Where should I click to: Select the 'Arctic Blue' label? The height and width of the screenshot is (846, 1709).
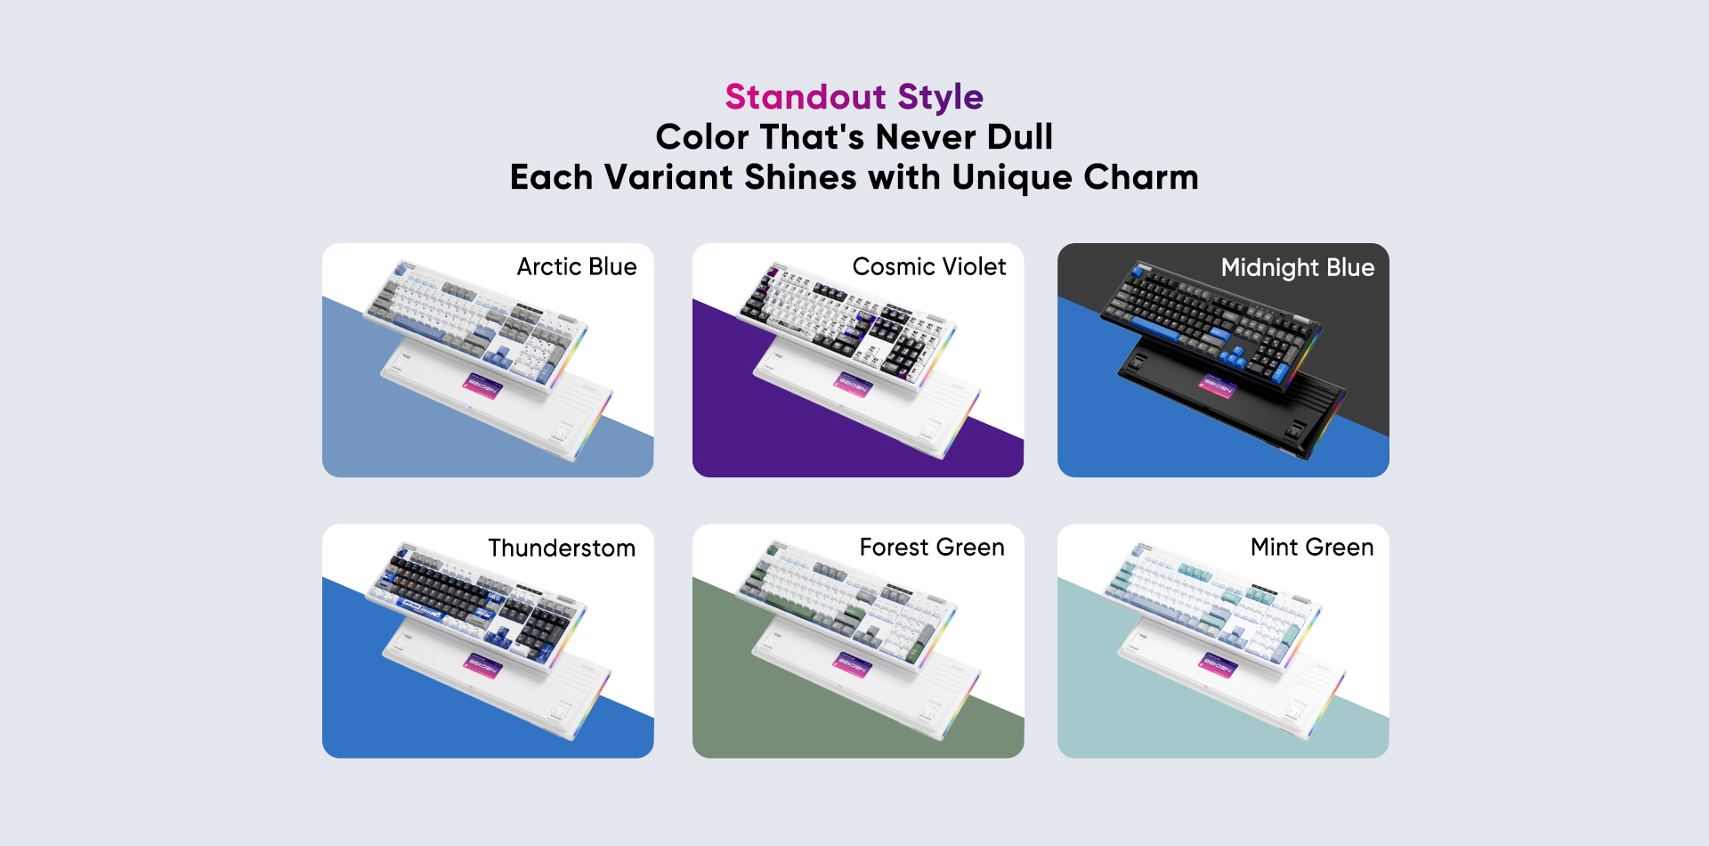click(x=577, y=267)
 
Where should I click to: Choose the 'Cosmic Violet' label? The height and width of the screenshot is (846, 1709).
click(x=929, y=267)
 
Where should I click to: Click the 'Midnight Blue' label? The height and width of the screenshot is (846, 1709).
click(x=1298, y=268)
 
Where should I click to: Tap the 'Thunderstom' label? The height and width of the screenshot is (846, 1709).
click(x=562, y=548)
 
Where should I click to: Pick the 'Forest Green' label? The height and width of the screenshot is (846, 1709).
click(x=932, y=548)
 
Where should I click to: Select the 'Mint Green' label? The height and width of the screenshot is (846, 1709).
click(x=1312, y=548)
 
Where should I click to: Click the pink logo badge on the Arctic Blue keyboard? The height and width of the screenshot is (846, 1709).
click(x=482, y=386)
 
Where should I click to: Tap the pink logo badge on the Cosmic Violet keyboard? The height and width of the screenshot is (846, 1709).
click(x=852, y=385)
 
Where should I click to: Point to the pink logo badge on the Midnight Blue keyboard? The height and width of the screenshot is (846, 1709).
click(x=1217, y=385)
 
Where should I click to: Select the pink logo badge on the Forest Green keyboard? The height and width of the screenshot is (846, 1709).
click(x=852, y=663)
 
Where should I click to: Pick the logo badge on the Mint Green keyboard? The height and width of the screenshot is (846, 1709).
click(x=1217, y=663)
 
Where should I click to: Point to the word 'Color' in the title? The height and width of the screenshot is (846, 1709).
click(x=702, y=137)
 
